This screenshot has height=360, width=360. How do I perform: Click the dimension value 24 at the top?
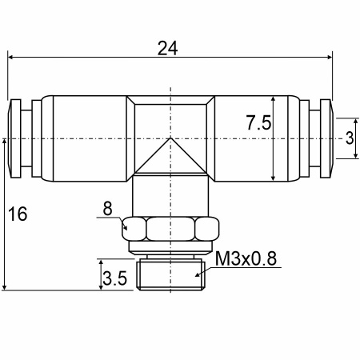(x=167, y=48)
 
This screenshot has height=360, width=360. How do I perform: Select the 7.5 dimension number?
(x=258, y=122)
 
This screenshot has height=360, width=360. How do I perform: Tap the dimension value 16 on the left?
(x=18, y=214)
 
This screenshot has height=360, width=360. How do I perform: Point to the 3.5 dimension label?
(x=114, y=278)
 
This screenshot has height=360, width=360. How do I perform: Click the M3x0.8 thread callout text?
(x=246, y=258)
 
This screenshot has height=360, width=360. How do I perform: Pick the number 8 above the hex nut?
(x=107, y=208)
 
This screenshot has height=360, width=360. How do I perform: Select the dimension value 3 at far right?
(x=350, y=138)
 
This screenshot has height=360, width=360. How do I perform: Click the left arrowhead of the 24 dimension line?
(x=10, y=57)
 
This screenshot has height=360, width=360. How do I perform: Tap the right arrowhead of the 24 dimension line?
(x=330, y=57)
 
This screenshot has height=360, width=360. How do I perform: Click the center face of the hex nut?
(x=170, y=229)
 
